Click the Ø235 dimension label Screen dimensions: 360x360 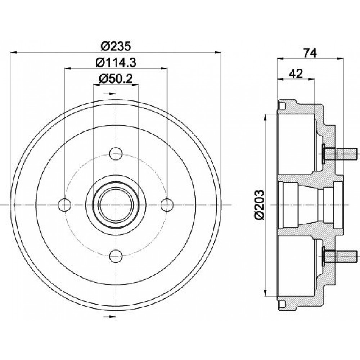click(116, 46)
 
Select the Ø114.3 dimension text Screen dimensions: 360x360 click(116, 62)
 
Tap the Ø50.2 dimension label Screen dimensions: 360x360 click(116, 79)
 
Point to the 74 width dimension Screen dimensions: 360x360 click(310, 53)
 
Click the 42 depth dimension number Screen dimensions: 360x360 click(296, 73)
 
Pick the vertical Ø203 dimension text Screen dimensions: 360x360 click(260, 205)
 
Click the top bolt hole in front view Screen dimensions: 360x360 click(116, 154)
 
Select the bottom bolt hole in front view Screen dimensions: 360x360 click(116, 256)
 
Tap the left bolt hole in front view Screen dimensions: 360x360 click(64, 205)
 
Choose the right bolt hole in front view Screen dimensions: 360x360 click(167, 205)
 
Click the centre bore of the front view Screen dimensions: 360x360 click(116, 205)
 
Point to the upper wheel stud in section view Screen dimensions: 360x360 click(339, 154)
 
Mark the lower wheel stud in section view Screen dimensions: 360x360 click(339, 256)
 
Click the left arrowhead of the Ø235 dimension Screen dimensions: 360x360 click(14, 53)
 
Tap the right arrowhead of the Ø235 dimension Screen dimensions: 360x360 click(218, 53)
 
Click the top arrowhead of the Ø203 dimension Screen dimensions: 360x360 click(266, 117)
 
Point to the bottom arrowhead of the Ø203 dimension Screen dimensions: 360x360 click(266, 292)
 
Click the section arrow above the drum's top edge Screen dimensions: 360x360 click(110, 93)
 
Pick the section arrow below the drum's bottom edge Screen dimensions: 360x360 click(110, 317)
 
